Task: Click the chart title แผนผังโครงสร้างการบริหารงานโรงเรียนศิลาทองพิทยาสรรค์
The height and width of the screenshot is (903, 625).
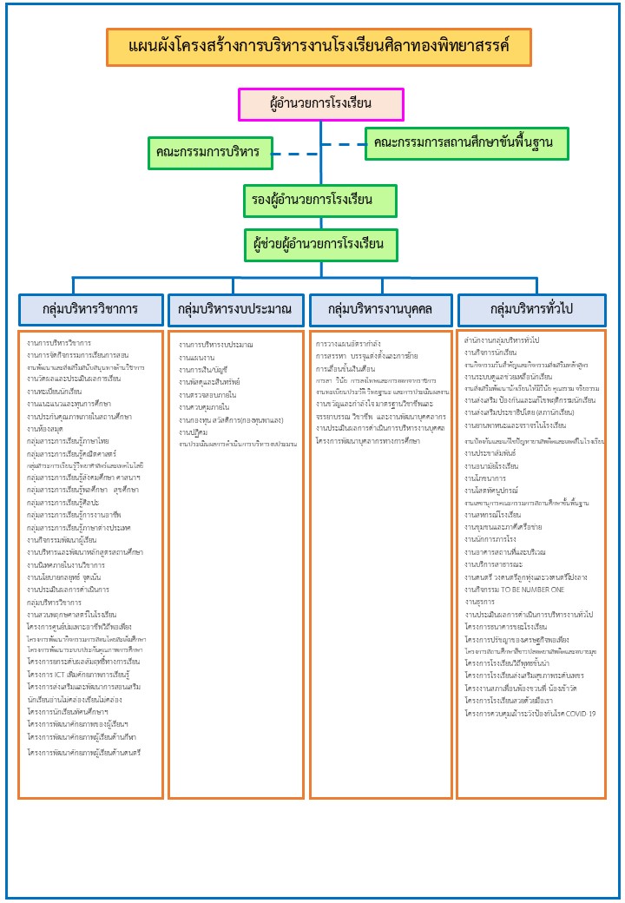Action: (319, 47)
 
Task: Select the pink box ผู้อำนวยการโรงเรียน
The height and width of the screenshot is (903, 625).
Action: (321, 104)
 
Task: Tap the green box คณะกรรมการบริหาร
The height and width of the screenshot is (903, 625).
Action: (208, 152)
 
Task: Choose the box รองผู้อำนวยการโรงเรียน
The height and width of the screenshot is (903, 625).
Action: (320, 201)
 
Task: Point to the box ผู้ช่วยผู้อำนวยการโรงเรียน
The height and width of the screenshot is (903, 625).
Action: (320, 244)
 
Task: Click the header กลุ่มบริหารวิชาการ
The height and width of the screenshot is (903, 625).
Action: (90, 309)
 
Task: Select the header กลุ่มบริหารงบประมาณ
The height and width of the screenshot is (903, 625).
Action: (234, 309)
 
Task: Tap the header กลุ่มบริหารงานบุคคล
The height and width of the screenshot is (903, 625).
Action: (381, 309)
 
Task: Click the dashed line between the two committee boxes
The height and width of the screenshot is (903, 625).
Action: (318, 154)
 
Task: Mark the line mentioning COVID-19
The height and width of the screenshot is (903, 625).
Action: (530, 713)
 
